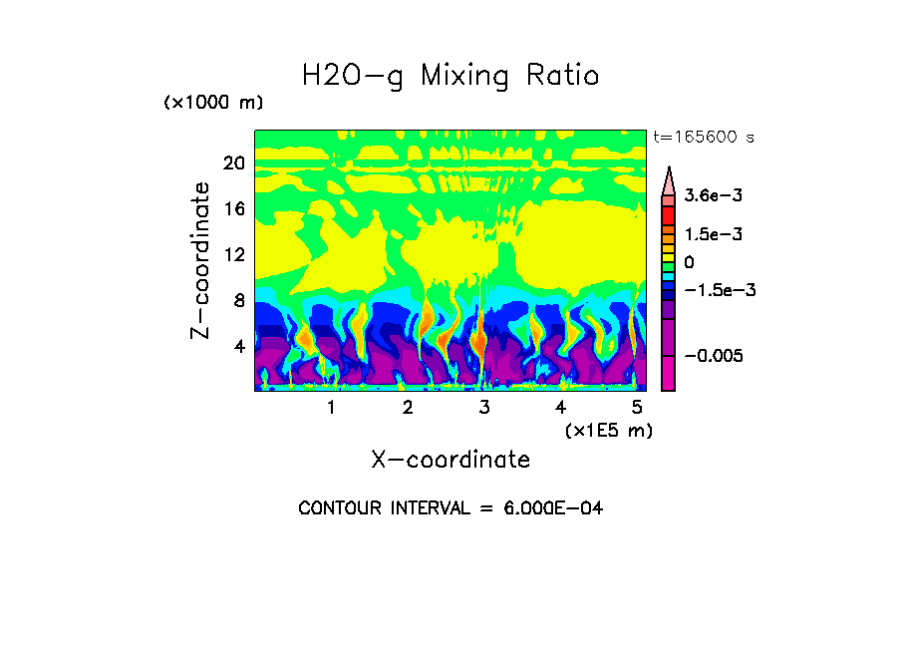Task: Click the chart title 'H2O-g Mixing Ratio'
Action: pos(450,76)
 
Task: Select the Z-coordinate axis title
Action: pos(201,260)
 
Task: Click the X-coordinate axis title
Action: pos(450,460)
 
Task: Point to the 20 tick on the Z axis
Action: pos(233,163)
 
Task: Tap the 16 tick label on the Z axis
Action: pos(233,209)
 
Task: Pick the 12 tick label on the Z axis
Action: pos(233,254)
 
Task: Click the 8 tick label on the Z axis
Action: pos(238,300)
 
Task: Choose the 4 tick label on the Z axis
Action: pos(238,346)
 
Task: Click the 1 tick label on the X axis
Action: pos(331,408)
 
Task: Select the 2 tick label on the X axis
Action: pos(408,408)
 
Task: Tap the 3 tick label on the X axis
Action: pos(484,408)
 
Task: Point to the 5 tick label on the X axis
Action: pos(637,408)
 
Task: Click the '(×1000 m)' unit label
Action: pos(213,104)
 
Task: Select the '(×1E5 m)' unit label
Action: pos(608,430)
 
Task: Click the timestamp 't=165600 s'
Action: pos(703,138)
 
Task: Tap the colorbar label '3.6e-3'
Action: pos(714,196)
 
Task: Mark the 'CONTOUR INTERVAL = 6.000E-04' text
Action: pos(450,508)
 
